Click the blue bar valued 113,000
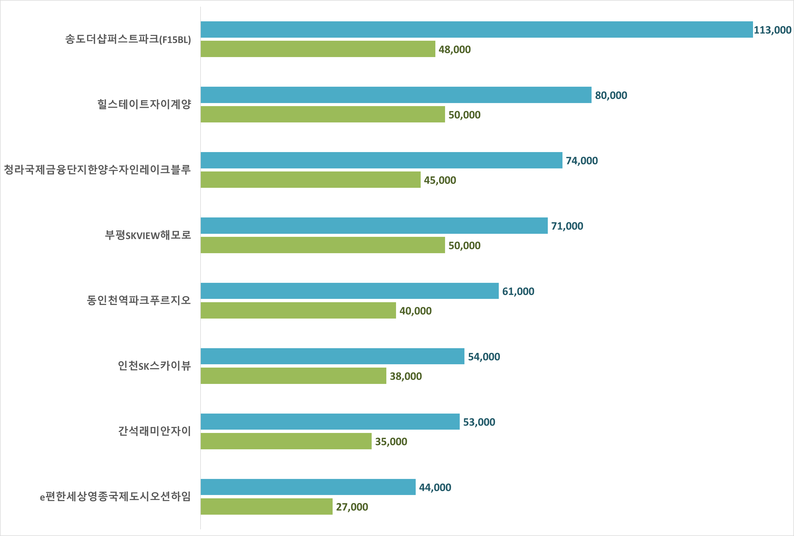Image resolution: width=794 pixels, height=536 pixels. click(477, 30)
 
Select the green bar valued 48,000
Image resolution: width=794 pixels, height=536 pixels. click(318, 49)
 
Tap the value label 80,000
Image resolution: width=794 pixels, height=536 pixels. click(611, 95)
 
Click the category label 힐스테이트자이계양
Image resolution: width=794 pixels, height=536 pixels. click(144, 104)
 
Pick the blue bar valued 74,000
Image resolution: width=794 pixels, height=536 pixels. click(381, 160)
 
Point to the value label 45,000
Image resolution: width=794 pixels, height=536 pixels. click(440, 180)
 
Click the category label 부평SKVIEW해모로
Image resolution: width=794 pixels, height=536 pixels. click(148, 235)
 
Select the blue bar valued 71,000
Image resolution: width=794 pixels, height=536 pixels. click(374, 225)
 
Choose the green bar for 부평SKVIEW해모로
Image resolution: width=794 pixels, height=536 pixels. click(323, 245)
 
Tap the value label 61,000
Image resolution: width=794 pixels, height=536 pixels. click(518, 291)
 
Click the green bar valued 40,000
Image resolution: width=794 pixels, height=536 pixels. click(298, 310)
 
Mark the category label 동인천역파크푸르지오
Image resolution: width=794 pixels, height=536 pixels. click(139, 300)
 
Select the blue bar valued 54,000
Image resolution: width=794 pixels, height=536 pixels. click(332, 356)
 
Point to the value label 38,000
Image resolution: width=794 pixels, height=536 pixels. click(405, 376)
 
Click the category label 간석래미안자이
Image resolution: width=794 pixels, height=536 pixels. click(155, 431)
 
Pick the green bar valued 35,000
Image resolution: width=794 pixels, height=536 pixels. click(286, 441)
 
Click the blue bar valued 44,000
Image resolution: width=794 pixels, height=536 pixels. click(308, 487)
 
